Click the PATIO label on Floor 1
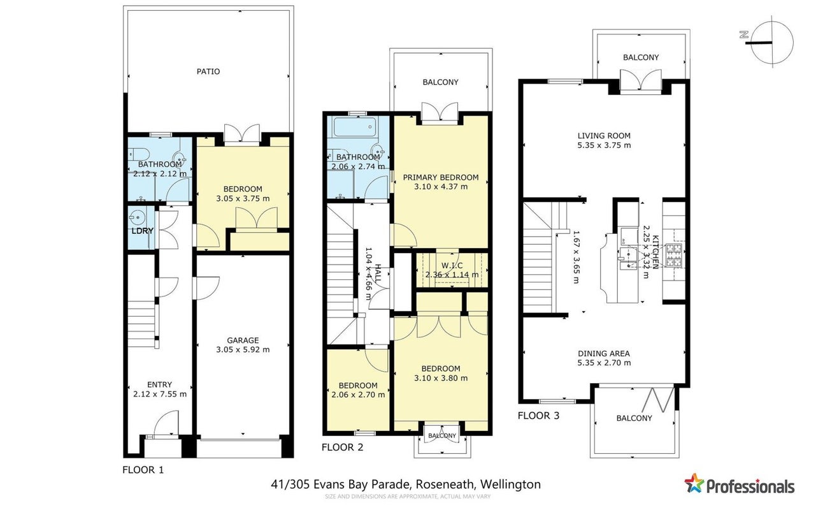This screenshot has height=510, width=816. coord(208,71)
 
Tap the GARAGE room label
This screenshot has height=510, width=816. coord(243,340)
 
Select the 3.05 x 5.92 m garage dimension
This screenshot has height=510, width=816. coord(243,350)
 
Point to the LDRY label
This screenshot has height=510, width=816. coord(143,231)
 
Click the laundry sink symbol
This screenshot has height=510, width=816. coord(138,218)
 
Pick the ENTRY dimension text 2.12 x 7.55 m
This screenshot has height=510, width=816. coord(159,394)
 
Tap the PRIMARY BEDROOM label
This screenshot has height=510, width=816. coord(440,177)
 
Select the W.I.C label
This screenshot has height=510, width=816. coord(452,266)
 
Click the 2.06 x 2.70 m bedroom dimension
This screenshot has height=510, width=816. coord(358,395)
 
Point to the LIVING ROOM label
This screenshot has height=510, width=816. coord(604,136)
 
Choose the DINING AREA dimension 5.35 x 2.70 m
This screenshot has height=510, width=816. coord(604,363)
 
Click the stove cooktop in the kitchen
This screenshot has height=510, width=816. coord(673,255)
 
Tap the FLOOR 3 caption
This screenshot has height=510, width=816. coord(538,416)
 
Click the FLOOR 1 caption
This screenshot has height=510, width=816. coord(143,470)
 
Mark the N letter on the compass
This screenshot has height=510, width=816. coord(743,34)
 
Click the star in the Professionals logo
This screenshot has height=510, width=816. coord(694,483)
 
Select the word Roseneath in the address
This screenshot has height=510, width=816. coord(445,484)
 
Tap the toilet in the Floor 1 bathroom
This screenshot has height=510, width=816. coord(139,154)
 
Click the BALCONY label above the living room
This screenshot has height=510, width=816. coord(641,57)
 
